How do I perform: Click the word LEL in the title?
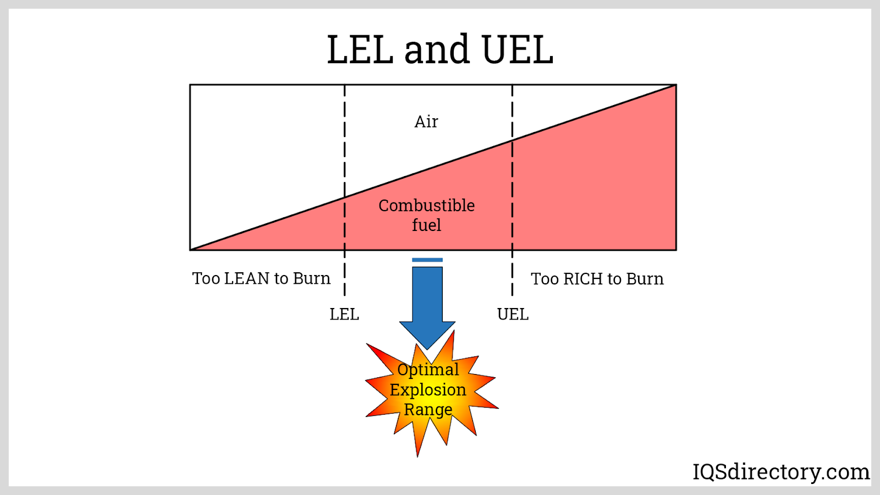(360, 50)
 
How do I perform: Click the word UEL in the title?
(517, 50)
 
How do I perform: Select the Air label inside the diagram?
(426, 122)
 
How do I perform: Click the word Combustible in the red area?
(426, 206)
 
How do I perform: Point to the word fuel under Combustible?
(426, 225)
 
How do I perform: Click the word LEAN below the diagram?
(247, 278)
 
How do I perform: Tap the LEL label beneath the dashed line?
(344, 315)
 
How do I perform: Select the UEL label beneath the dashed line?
(513, 315)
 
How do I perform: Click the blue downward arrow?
(427, 308)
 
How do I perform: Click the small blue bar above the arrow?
(427, 260)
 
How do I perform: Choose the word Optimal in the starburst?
(428, 370)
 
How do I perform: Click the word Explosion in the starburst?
(428, 390)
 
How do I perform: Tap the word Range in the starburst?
(428, 410)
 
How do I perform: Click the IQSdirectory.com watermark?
(781, 472)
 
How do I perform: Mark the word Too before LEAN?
(206, 278)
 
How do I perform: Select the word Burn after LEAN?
(312, 278)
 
